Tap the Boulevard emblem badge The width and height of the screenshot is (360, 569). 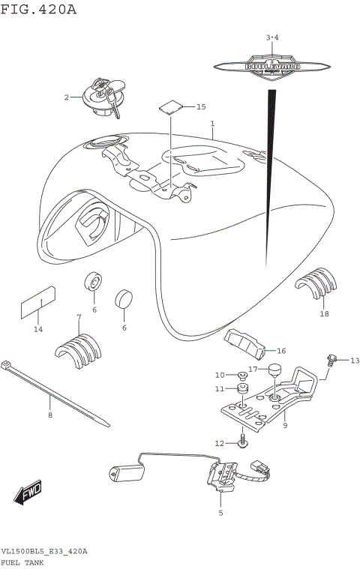(x=272, y=66)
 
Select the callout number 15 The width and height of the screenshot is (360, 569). (x=200, y=107)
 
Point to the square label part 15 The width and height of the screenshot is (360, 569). (x=171, y=105)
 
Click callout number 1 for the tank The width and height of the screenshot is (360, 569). (x=212, y=124)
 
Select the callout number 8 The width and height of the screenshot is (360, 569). (x=50, y=415)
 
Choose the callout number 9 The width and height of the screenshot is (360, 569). (x=286, y=425)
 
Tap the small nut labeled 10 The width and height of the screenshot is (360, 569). (x=242, y=375)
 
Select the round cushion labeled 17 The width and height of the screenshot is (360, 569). (x=274, y=369)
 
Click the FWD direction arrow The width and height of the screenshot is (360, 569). (x=28, y=494)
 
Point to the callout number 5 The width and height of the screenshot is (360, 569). (x=220, y=513)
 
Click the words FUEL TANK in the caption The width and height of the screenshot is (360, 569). (x=24, y=561)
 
